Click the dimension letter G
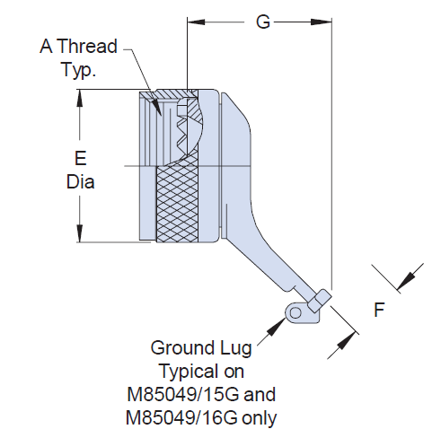[263, 22]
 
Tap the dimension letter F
[379, 310]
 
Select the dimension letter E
[81, 158]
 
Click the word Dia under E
[80, 181]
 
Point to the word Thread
[87, 47]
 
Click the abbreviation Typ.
[79, 70]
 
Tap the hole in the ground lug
[295, 313]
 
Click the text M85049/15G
[183, 394]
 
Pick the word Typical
[190, 372]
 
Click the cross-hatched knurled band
[177, 204]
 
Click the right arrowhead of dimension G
[322, 22]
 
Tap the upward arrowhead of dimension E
[80, 98]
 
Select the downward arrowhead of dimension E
[80, 233]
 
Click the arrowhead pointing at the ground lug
[277, 327]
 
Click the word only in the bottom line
[260, 418]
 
